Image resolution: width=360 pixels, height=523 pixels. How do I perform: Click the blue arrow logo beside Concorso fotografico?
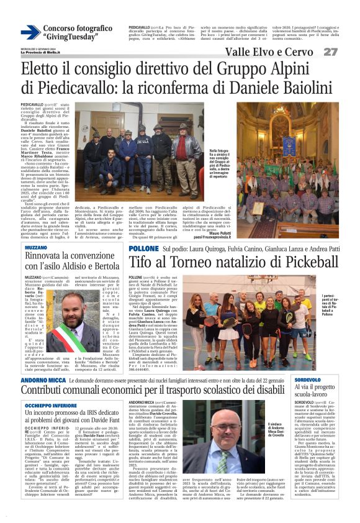point(30,32)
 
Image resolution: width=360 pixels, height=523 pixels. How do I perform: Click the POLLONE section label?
point(143,248)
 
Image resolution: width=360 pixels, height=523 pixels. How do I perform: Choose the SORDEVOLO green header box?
point(308,379)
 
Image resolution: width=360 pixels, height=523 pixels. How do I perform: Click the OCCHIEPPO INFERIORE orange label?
point(50,404)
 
